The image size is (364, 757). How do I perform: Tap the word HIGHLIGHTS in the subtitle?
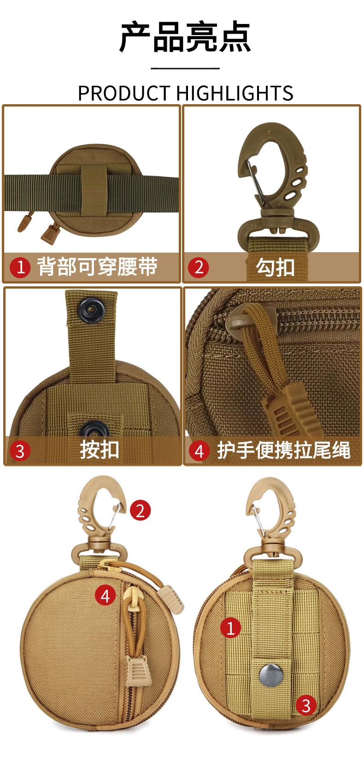(x=235, y=93)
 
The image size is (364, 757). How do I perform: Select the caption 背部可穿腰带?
(x=97, y=266)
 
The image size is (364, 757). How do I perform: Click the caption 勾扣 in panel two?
(x=275, y=267)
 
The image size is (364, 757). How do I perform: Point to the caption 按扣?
(x=99, y=450)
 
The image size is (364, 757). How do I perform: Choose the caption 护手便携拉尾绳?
(x=284, y=450)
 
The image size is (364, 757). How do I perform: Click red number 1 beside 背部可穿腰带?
(x=20, y=267)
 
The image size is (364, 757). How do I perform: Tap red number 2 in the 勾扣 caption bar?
(x=199, y=267)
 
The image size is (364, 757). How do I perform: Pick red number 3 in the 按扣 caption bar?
(x=20, y=451)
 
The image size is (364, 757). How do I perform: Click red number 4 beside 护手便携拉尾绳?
(x=200, y=451)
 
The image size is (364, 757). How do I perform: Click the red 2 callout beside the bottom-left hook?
(x=140, y=510)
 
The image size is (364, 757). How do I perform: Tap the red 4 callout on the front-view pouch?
(x=106, y=595)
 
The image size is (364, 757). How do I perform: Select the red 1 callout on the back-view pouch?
(x=231, y=628)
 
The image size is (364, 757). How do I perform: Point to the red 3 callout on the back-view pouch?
(x=306, y=705)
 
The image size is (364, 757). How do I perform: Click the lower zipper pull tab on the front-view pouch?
(x=137, y=669)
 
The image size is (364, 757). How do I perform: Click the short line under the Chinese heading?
(x=185, y=68)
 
